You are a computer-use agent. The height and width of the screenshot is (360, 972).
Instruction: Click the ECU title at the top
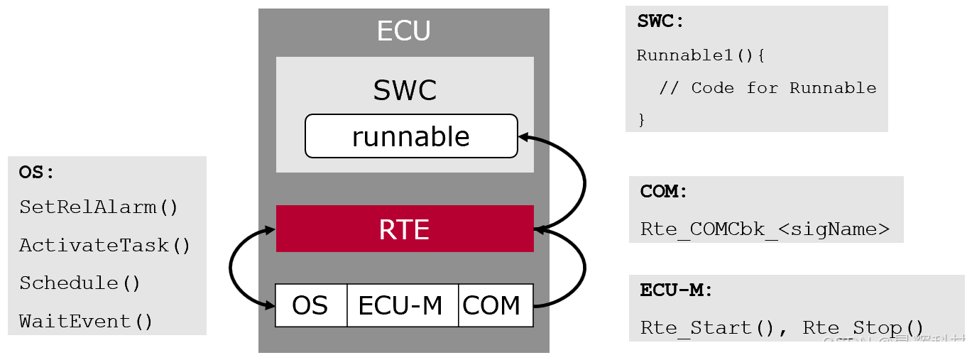click(x=403, y=31)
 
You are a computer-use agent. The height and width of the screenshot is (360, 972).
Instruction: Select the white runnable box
click(x=411, y=136)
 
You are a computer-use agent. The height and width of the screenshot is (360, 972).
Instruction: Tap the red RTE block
click(x=404, y=229)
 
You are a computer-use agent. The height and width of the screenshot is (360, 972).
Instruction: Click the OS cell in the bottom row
click(x=310, y=305)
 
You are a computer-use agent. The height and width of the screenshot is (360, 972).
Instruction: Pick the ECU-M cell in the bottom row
click(x=401, y=305)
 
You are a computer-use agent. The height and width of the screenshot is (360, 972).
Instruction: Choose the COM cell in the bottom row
click(x=492, y=305)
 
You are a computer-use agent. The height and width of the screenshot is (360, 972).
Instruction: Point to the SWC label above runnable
click(x=405, y=90)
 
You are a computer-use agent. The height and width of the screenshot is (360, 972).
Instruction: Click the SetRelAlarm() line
click(x=99, y=207)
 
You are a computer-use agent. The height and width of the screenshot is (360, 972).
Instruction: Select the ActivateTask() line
click(x=105, y=246)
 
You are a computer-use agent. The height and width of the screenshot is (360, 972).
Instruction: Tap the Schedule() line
click(x=80, y=283)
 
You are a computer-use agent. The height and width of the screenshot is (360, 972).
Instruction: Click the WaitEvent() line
click(x=86, y=322)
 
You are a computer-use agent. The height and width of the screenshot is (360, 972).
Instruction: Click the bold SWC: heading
click(x=660, y=21)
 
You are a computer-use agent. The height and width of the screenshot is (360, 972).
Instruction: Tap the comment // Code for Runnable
click(x=768, y=88)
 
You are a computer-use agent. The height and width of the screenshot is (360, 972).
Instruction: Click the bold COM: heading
click(x=664, y=192)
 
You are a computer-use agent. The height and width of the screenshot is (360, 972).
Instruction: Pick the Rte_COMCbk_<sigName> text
click(x=765, y=229)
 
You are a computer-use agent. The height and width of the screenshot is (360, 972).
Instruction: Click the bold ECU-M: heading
click(x=676, y=290)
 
